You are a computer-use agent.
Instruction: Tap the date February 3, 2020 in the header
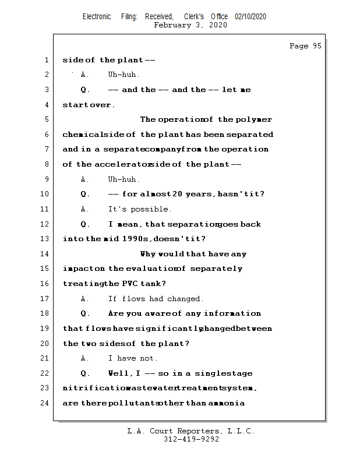[x=190, y=25]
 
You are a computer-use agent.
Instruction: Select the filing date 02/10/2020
[x=250, y=16]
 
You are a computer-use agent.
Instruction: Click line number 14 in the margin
[x=47, y=254]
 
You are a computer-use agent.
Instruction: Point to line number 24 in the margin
[x=47, y=403]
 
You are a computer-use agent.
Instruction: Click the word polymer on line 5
[x=254, y=119]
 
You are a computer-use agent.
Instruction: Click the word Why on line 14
[x=148, y=254]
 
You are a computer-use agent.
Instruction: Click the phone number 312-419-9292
[x=191, y=440]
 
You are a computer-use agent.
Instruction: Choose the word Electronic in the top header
[x=97, y=16]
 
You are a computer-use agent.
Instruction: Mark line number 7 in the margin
[x=47, y=149]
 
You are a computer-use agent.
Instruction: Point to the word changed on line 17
[x=185, y=299]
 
